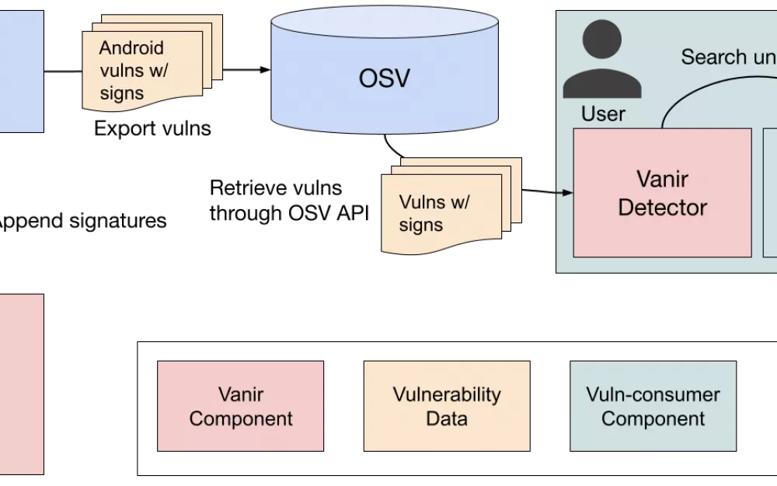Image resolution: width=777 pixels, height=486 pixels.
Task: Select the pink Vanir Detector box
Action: click(x=662, y=193)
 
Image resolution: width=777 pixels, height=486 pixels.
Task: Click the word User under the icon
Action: click(x=603, y=114)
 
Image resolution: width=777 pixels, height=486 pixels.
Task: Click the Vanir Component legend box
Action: click(x=240, y=406)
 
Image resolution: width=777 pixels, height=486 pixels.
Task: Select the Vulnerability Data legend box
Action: click(x=447, y=406)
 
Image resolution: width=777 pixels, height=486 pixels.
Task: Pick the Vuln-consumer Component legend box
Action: click(x=653, y=406)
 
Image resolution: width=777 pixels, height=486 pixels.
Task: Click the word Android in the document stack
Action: click(x=131, y=48)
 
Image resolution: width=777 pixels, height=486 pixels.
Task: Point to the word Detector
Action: click(x=663, y=208)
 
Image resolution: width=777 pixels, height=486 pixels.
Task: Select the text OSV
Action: click(x=385, y=79)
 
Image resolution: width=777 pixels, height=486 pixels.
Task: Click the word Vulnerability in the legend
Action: click(x=447, y=394)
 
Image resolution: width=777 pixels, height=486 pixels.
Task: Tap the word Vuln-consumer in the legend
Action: click(x=653, y=394)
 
